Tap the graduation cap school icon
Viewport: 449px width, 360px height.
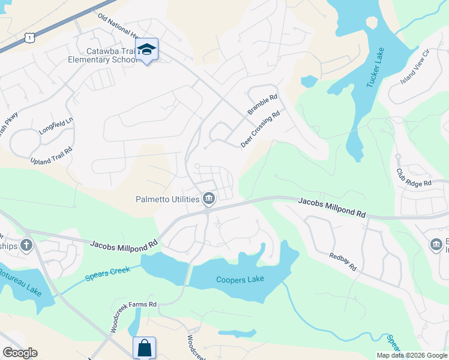[146, 50]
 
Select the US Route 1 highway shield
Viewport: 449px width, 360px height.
[29, 37]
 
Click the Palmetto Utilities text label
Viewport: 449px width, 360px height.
[167, 199]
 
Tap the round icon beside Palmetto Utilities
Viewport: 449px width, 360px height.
[208, 197]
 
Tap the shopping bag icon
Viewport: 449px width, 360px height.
[144, 347]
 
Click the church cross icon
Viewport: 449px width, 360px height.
[26, 245]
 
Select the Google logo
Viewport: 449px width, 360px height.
[20, 353]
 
